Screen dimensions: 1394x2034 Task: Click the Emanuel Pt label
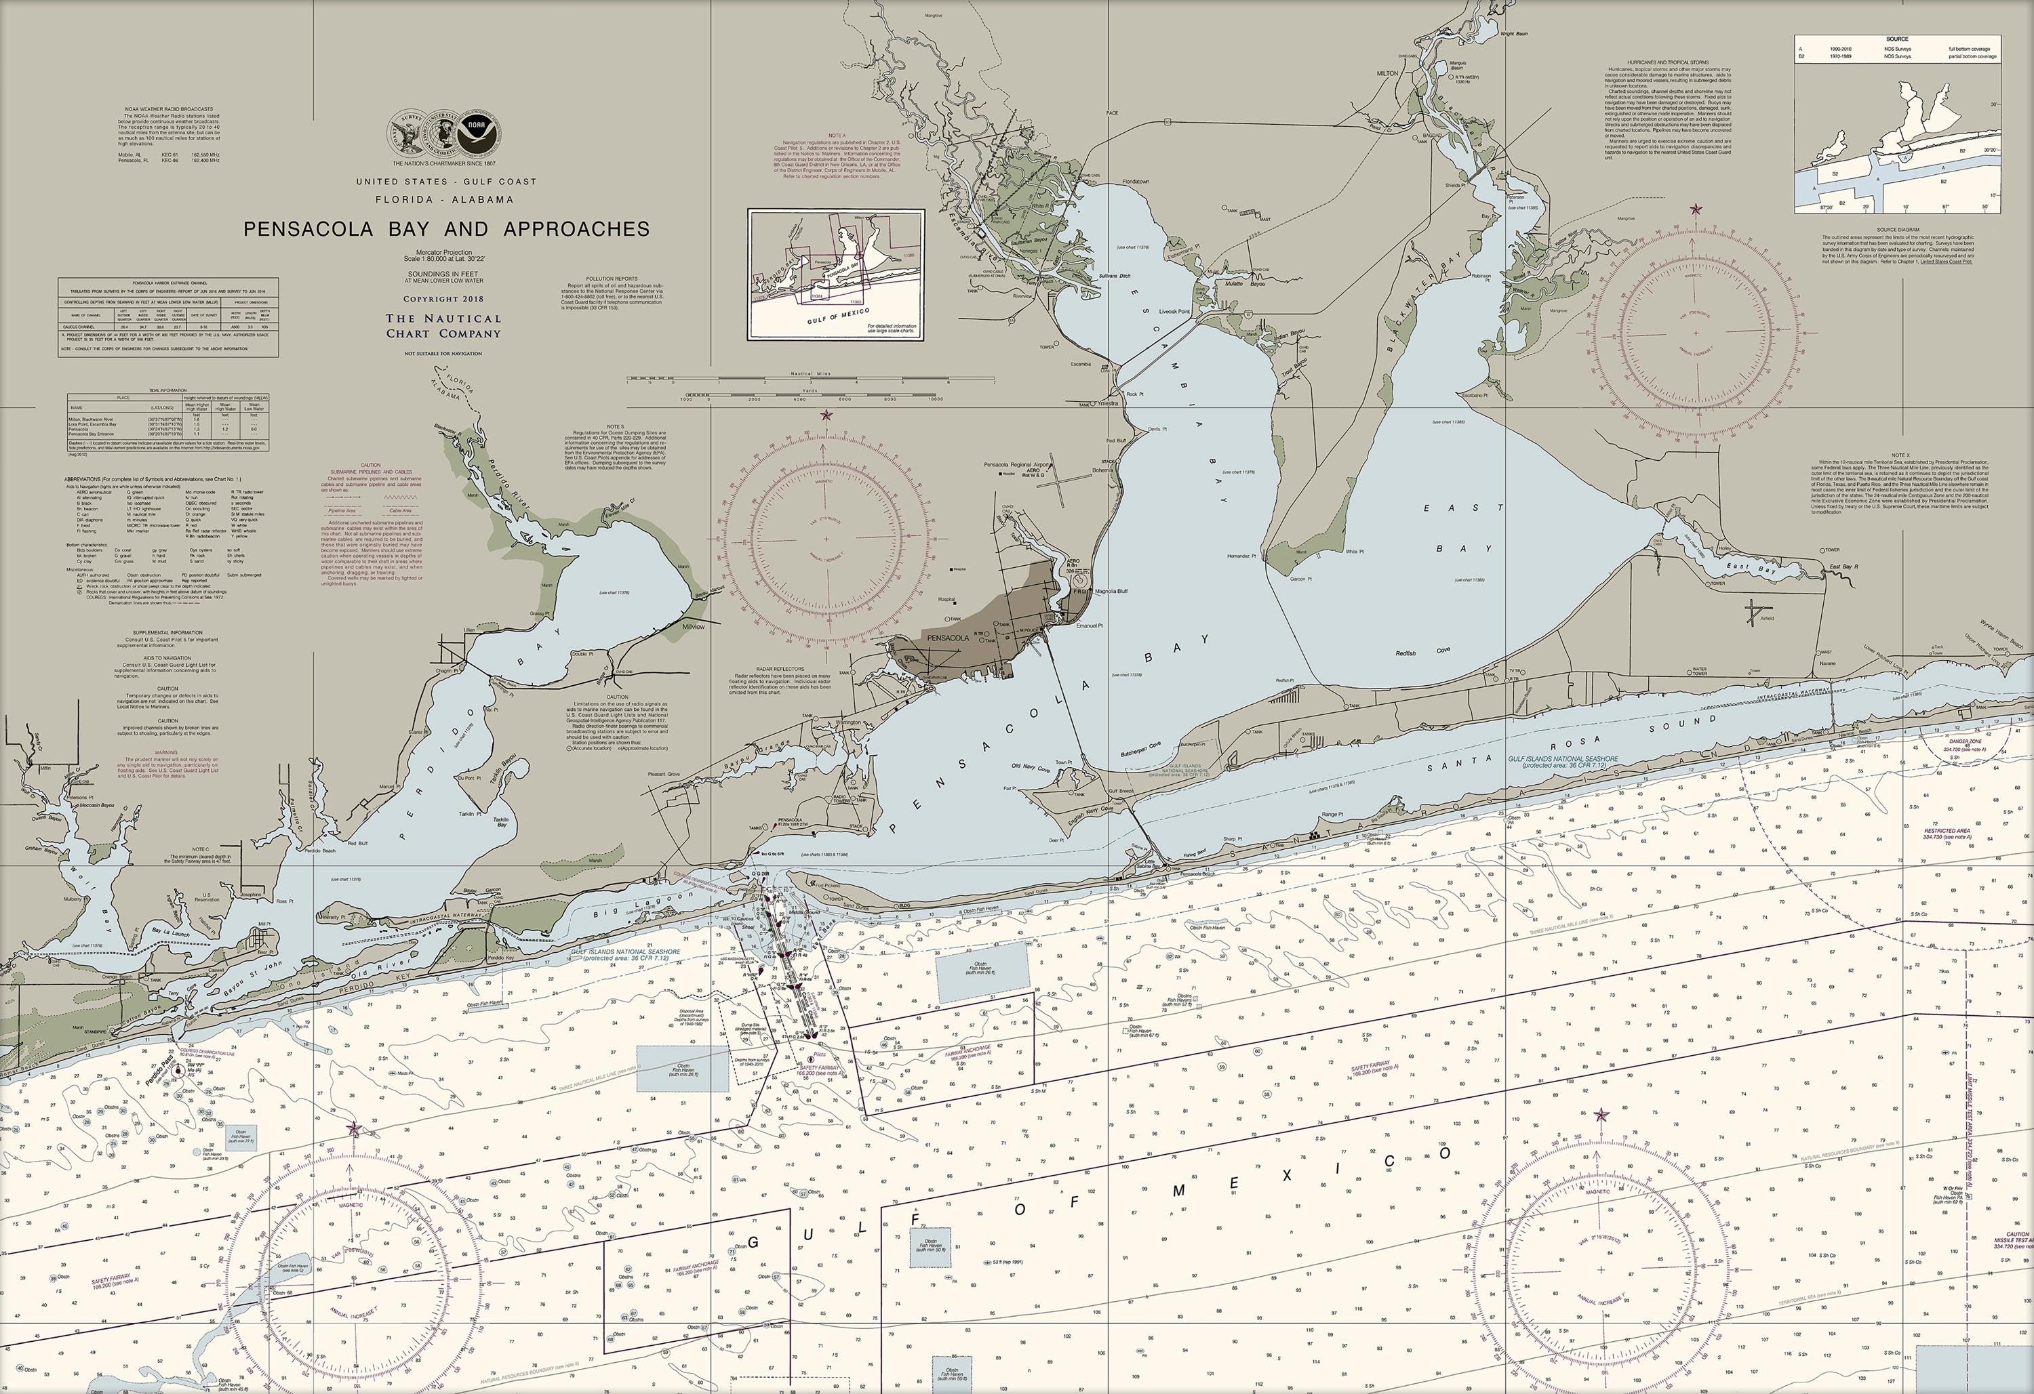[1090, 626]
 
